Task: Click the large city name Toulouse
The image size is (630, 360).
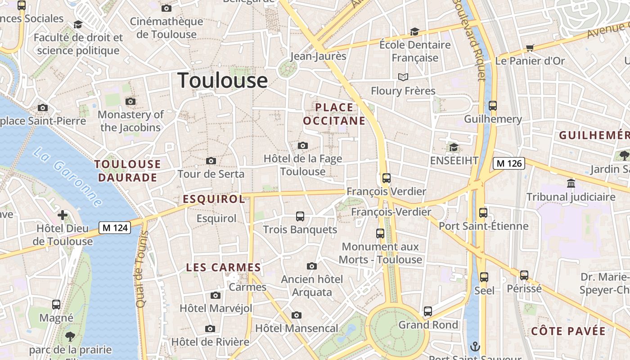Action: (223, 81)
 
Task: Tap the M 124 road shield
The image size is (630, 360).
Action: (115, 228)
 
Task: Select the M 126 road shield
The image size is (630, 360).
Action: (509, 163)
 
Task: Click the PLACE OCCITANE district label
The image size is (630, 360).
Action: (334, 114)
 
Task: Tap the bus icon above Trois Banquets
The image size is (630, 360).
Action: (300, 216)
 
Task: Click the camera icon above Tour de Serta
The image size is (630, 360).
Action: (211, 161)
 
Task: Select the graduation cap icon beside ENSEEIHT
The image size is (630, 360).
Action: (454, 147)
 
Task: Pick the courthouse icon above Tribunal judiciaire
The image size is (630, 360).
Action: (571, 184)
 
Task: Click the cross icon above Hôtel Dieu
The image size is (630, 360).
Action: (63, 215)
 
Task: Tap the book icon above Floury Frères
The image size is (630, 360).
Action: (403, 77)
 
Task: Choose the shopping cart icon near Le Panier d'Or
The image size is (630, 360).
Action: (530, 48)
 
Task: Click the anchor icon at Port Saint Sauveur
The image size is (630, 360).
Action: (475, 347)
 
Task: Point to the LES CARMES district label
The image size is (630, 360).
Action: (224, 267)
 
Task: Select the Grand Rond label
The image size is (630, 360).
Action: (428, 325)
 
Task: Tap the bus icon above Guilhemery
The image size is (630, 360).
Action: (493, 106)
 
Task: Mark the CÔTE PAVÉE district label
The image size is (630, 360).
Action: (568, 331)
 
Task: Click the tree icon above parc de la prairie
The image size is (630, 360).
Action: (70, 336)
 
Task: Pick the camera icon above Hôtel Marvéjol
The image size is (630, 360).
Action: (216, 295)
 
